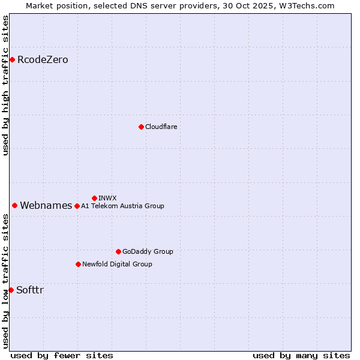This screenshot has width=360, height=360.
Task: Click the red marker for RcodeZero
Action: point(12,59)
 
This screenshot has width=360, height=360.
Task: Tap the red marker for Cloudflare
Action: point(141,127)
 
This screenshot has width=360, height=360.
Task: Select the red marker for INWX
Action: point(94,198)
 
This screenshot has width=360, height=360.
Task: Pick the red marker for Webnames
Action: point(14,205)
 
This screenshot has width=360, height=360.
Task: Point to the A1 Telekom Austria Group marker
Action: point(77,206)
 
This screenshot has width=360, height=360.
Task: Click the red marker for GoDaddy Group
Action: point(118,251)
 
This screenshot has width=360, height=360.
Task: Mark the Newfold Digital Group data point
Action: point(78,264)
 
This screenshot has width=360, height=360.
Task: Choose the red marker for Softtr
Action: point(11,290)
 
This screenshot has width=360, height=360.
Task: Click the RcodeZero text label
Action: point(43,59)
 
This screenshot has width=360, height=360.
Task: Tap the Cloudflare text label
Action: point(161,127)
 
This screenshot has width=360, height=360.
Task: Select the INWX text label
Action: point(107,198)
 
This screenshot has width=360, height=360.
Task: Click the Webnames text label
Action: point(46,206)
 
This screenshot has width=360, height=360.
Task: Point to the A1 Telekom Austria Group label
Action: point(122,206)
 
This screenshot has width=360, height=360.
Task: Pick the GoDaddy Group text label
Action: point(148,251)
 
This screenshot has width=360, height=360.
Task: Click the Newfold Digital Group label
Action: point(117,264)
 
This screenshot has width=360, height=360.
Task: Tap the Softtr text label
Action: point(29,290)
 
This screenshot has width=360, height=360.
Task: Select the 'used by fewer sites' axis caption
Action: point(62,355)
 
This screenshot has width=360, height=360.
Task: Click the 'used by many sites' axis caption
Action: point(301,355)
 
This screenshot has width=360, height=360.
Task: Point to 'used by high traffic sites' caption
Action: point(5,85)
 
